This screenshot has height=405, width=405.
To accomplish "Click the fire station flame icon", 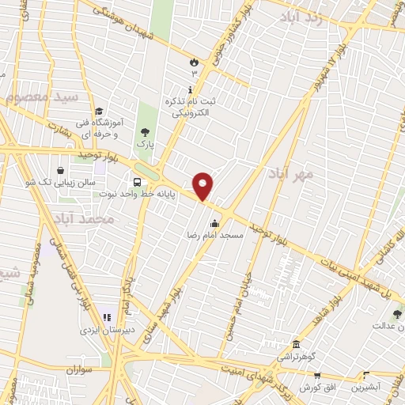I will [194, 61].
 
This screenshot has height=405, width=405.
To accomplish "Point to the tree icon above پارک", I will [144, 132].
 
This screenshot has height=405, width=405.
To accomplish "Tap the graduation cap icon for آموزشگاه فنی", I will [97, 112].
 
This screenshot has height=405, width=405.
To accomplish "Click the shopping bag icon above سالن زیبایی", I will [60, 170].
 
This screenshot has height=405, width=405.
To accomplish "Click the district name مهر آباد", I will [291, 172].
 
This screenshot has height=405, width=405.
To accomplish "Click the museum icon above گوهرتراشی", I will [296, 345].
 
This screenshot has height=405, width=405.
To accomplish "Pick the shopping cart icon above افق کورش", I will [316, 376].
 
